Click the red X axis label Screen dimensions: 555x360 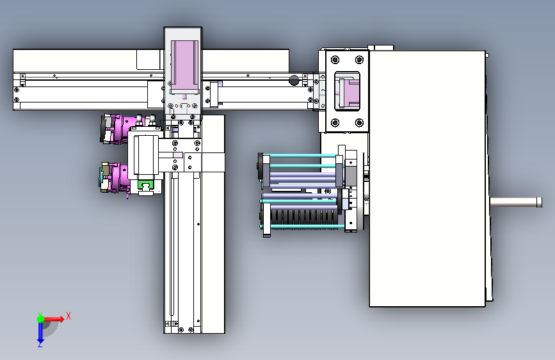point(68,316)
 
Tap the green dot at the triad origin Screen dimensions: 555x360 point(40,319)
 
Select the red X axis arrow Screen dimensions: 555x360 point(54,319)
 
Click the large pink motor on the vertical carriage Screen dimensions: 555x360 point(184,65)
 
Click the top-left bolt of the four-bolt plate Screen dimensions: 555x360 point(335,60)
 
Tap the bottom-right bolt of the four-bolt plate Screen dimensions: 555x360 point(359,123)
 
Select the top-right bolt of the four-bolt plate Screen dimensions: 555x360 point(359,60)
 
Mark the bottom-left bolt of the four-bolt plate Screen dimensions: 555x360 point(335,123)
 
